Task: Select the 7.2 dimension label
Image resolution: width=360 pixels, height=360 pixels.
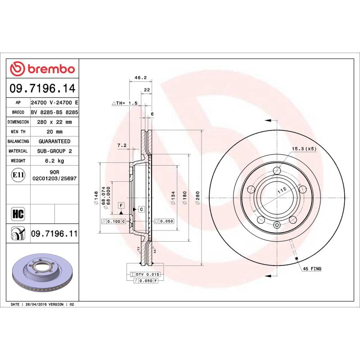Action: pyautogui.click(x=121, y=145)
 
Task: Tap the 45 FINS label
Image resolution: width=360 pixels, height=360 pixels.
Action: pyautogui.click(x=312, y=269)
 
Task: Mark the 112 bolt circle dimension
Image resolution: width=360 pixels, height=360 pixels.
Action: pyautogui.click(x=282, y=191)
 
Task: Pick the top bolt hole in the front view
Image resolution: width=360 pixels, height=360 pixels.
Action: pyautogui.click(x=277, y=170)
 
